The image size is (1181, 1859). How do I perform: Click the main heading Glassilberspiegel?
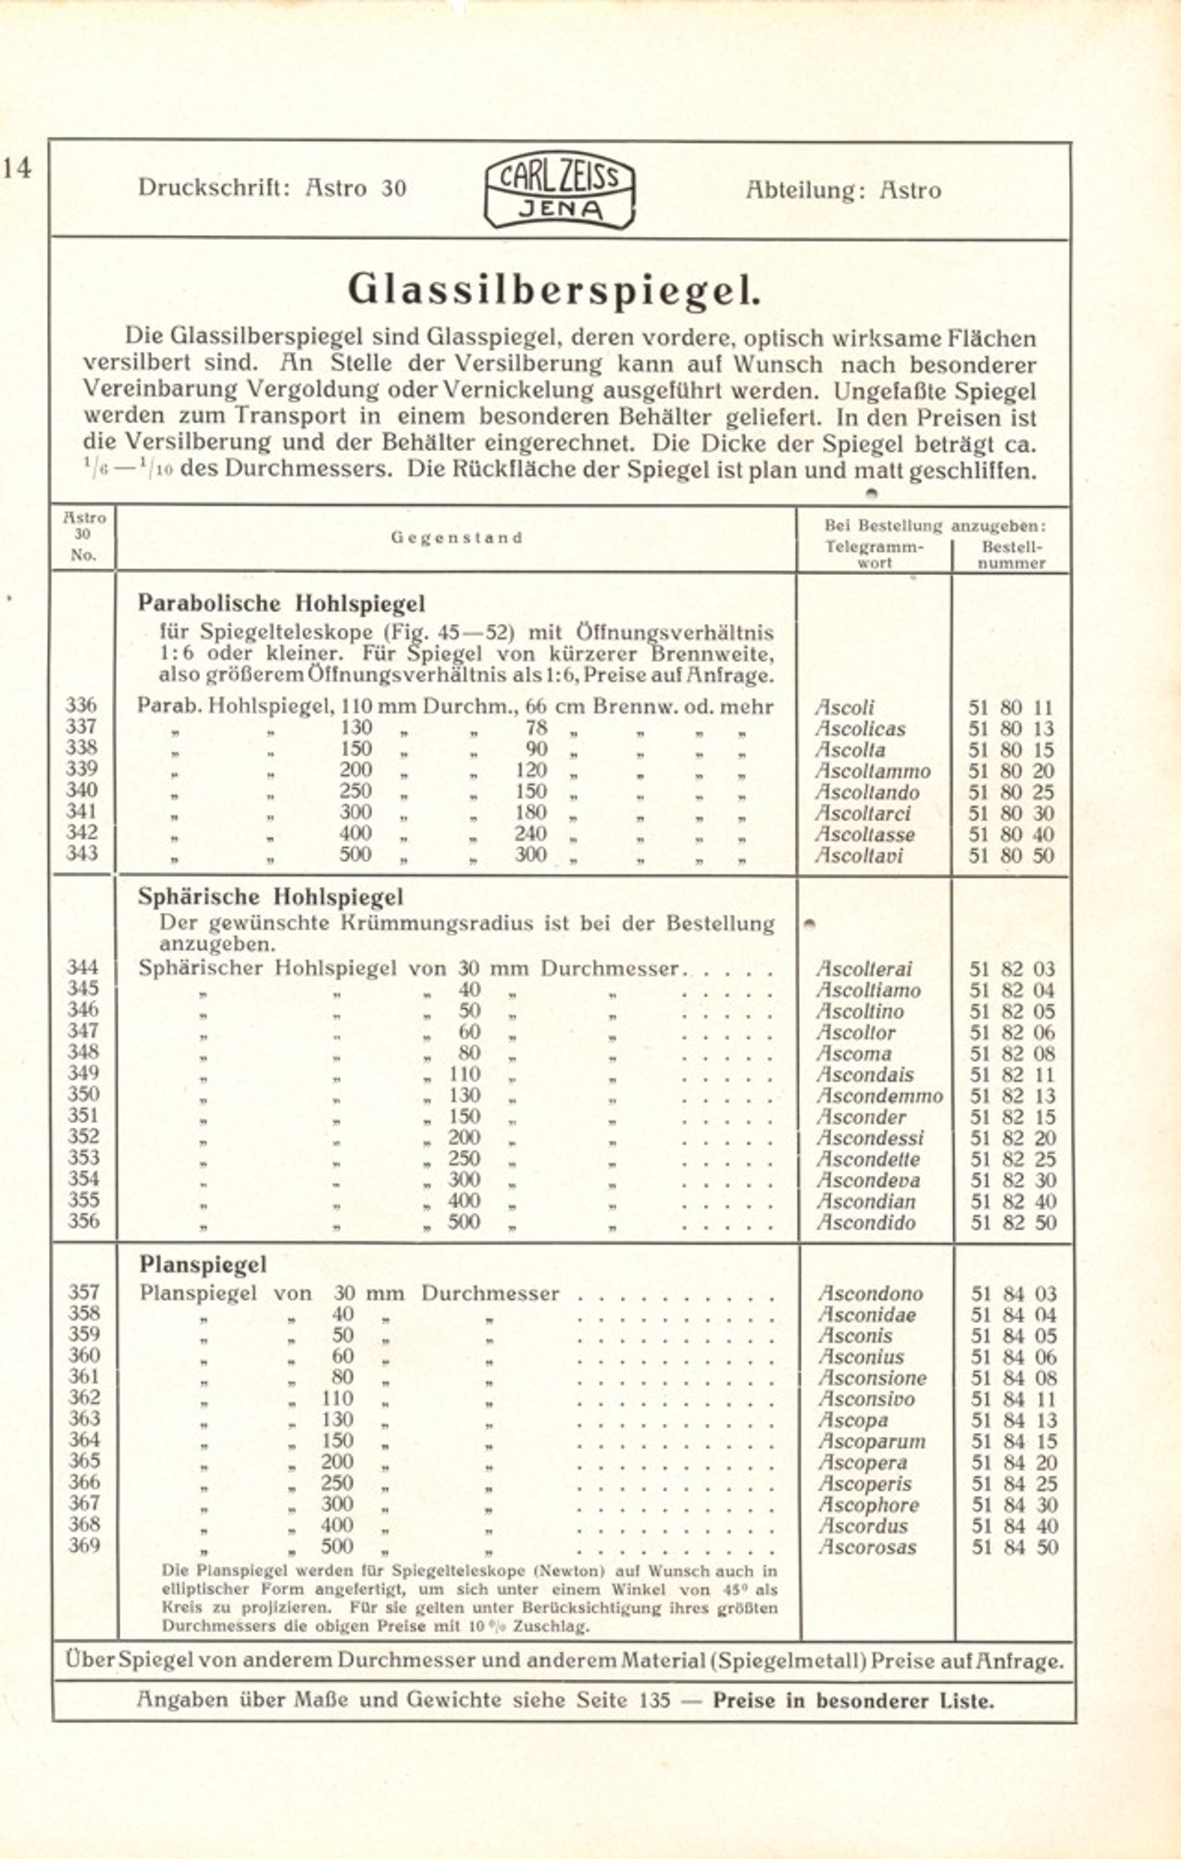coord(554,290)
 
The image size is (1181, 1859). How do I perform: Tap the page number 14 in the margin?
coord(17,168)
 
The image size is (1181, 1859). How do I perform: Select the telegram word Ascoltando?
coord(867,792)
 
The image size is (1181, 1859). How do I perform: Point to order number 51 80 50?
coord(1011,855)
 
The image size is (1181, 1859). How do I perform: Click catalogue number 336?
coord(81,705)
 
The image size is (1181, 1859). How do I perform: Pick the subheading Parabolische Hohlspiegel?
coord(281,604)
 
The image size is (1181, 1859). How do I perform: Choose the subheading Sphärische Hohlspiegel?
coord(270,897)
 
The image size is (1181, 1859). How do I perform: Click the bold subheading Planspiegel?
coord(203,1265)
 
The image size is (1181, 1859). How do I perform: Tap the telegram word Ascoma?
coord(853,1054)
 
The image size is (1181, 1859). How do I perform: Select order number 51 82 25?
coord(1012,1159)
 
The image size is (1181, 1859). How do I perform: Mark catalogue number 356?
coord(82,1221)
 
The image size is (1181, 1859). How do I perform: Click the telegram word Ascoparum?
coord(871,1441)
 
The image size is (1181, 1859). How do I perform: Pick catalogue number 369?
coord(83,1545)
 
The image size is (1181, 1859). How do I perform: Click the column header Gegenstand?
coord(456,538)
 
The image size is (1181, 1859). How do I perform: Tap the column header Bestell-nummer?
coord(1012,555)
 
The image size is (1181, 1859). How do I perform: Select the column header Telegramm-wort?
coord(874,555)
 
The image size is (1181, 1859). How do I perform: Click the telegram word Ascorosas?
coord(867,1547)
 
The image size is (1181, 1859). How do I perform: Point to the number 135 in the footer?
coord(655,1700)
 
